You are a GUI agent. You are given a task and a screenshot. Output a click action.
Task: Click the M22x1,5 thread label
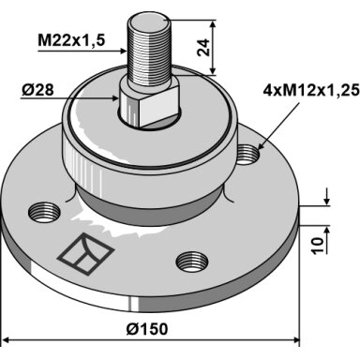pyautogui.click(x=71, y=40)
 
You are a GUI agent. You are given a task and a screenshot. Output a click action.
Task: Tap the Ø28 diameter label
pyautogui.click(x=37, y=90)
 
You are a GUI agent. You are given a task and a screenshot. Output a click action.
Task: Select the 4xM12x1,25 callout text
pyautogui.click(x=311, y=91)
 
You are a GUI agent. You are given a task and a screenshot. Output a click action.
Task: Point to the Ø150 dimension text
pyautogui.click(x=147, y=329)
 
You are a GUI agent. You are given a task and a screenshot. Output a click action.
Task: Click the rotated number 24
pyautogui.click(x=203, y=47)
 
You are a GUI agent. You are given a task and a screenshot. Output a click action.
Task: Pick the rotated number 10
pyautogui.click(x=317, y=246)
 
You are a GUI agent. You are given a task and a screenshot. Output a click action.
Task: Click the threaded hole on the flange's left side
pyautogui.click(x=44, y=212)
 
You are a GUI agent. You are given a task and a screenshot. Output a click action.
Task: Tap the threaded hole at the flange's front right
pyautogui.click(x=192, y=262)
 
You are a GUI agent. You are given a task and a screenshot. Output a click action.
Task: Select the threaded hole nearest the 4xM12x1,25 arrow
pyautogui.click(x=247, y=155)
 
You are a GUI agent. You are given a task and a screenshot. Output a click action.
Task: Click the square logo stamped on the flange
pyautogui.click(x=85, y=254)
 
